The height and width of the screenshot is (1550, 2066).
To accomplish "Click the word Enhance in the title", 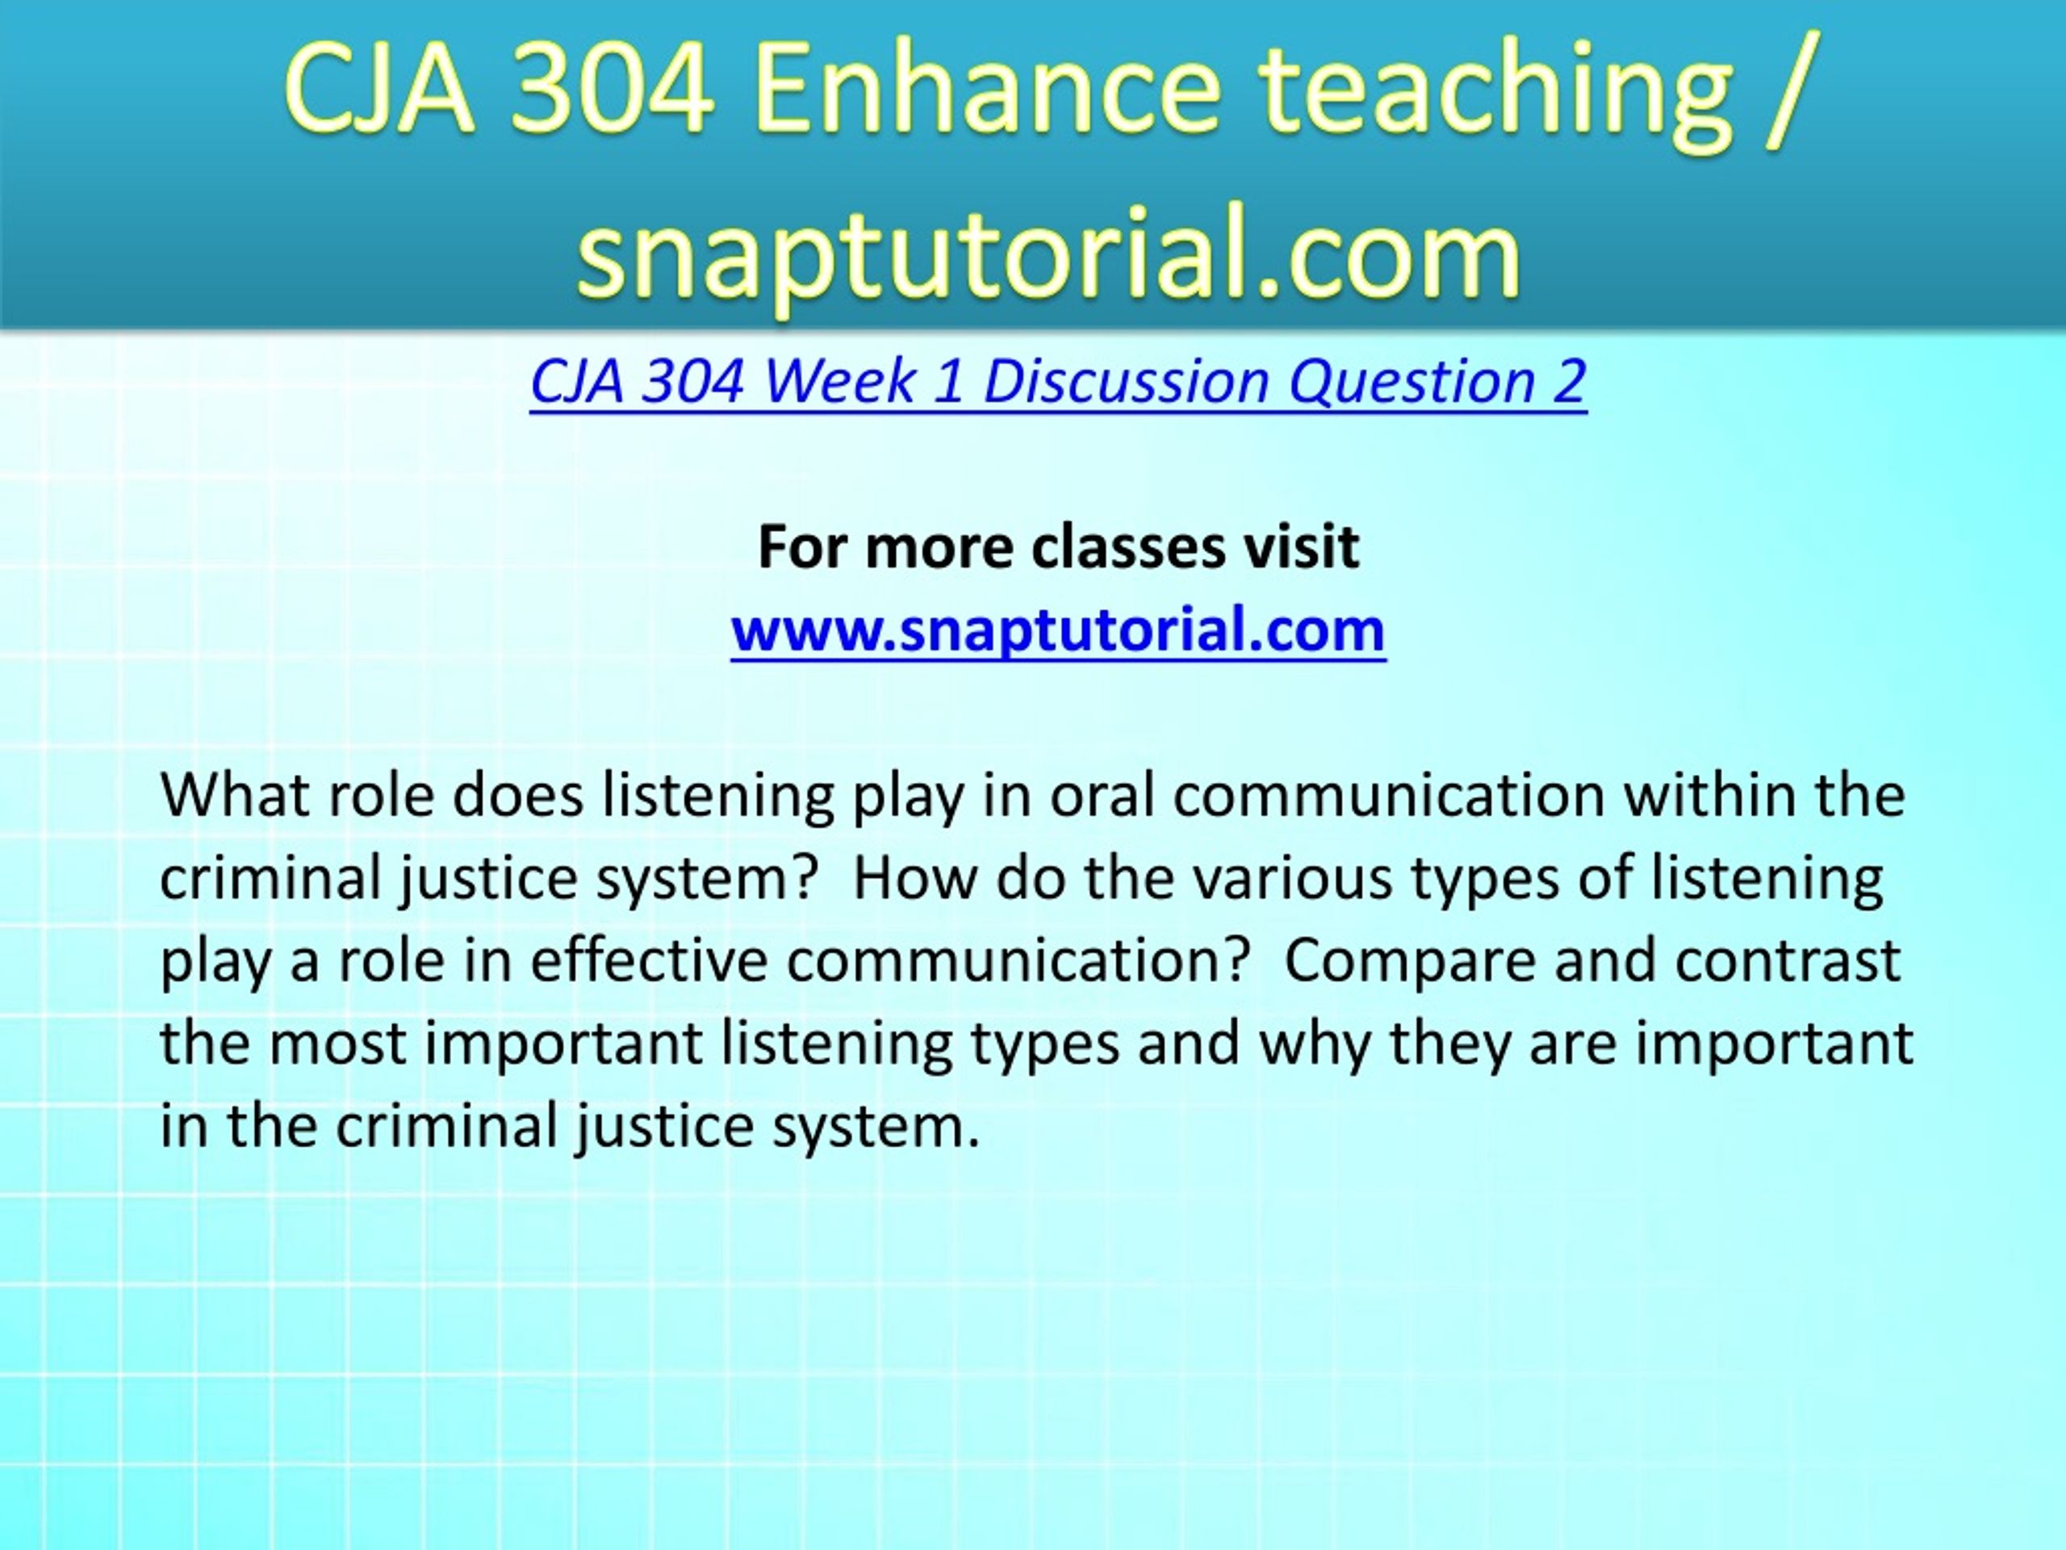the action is (986, 91).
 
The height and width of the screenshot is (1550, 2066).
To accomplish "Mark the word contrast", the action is (1788, 961).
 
